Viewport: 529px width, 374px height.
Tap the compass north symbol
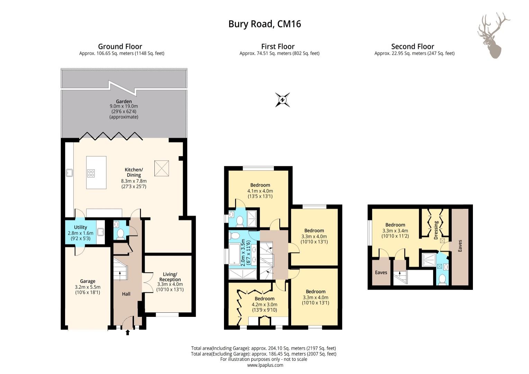tap(283, 100)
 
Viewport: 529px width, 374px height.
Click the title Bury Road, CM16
tap(264, 24)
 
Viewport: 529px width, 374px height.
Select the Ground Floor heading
tap(120, 46)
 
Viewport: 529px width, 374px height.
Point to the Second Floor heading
tap(413, 46)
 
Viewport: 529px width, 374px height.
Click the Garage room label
tap(88, 281)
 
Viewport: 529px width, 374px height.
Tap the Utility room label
tap(81, 227)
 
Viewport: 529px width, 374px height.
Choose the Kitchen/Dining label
tap(134, 172)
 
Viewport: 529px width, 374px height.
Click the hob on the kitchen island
tap(91, 173)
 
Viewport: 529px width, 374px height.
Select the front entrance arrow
tap(128, 332)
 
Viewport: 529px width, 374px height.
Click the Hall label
tap(126, 294)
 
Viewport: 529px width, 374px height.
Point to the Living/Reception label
tap(170, 277)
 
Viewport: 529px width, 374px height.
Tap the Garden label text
tap(124, 101)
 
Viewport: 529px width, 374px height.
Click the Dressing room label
tap(436, 230)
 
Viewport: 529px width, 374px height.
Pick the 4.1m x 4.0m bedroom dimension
tap(260, 191)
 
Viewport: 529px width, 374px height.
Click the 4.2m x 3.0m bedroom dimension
tap(264, 304)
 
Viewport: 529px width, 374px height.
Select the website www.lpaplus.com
tap(265, 365)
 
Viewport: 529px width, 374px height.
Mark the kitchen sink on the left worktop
tap(69, 173)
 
